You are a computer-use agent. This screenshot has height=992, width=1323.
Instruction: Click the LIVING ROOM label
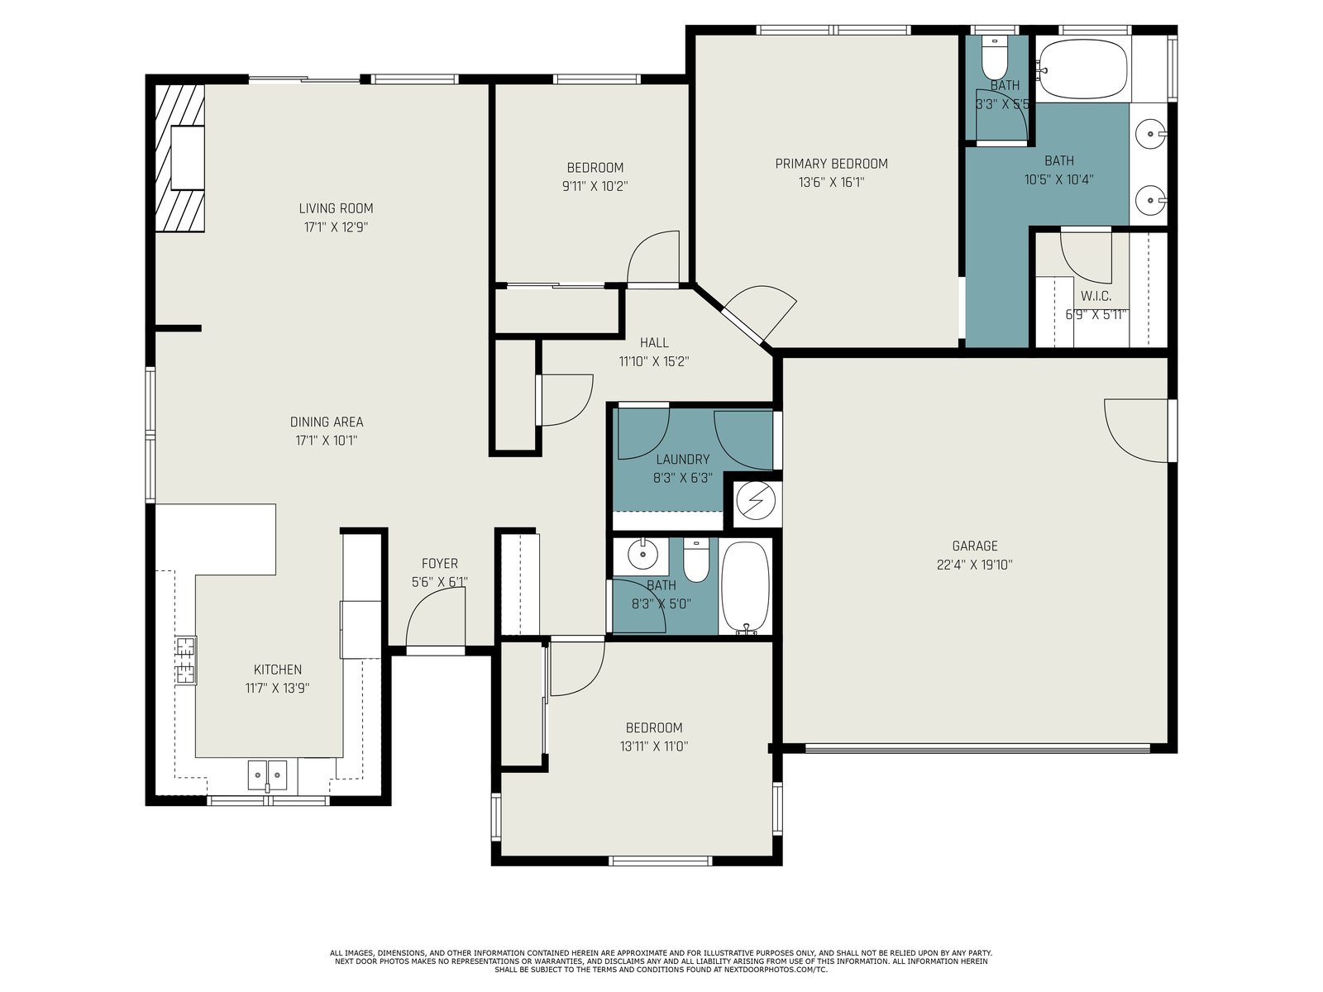tap(336, 208)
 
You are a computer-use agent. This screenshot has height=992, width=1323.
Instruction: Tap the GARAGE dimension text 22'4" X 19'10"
tap(975, 565)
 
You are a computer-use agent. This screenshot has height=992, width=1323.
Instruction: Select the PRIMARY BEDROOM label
tap(831, 164)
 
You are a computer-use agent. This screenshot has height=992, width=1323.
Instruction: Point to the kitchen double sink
tap(268, 775)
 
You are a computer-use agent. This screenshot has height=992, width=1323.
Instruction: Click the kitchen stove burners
tap(186, 661)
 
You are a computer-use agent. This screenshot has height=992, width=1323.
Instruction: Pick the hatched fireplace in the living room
tap(179, 158)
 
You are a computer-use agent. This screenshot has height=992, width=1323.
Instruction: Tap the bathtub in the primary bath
tap(1084, 70)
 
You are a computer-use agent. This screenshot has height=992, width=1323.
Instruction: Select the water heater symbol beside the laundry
tap(755, 500)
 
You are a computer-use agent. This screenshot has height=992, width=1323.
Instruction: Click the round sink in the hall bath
tap(643, 554)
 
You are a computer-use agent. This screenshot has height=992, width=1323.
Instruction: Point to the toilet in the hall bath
tap(696, 560)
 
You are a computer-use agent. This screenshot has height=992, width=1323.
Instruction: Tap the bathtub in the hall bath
tap(746, 587)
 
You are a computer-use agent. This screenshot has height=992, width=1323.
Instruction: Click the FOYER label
tap(439, 563)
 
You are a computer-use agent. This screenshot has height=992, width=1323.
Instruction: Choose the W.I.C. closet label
tap(1096, 296)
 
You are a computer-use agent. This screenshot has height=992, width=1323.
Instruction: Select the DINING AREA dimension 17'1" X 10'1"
tap(326, 441)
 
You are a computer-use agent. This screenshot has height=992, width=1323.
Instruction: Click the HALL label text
tap(654, 343)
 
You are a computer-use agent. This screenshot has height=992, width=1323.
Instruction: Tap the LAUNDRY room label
tap(682, 460)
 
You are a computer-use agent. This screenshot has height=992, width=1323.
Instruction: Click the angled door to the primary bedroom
tap(759, 314)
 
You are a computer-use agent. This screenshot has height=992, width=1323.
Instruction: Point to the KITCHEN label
tap(277, 669)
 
